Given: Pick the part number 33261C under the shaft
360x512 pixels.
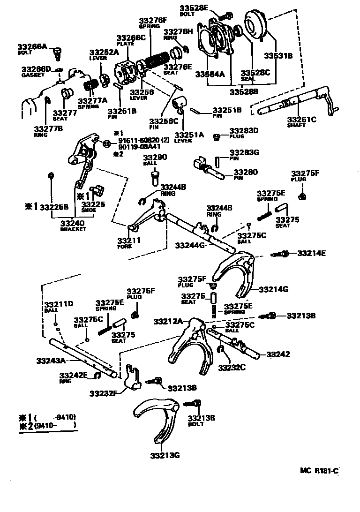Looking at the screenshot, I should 301,120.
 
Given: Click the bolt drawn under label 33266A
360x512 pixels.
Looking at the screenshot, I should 58,53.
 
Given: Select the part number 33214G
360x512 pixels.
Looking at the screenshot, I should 273,289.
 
